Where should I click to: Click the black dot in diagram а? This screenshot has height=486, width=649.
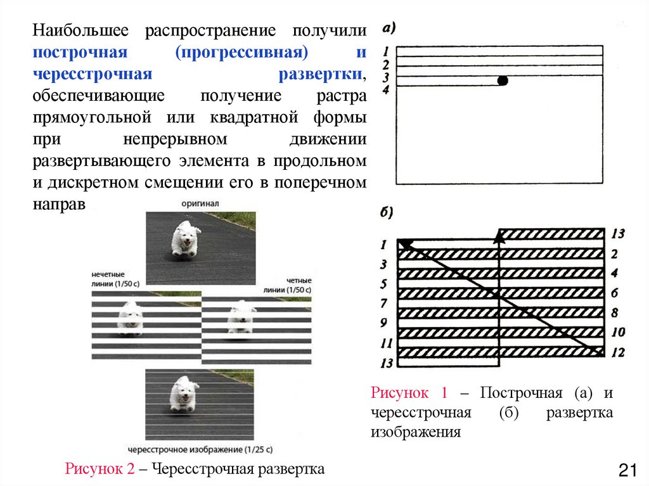tap(503, 80)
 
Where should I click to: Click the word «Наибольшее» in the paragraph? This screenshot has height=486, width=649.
tap(82, 30)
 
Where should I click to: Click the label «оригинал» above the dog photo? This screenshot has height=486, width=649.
tap(200, 204)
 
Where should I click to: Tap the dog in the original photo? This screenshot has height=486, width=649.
tap(186, 240)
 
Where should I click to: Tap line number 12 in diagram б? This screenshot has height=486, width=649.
tap(618, 352)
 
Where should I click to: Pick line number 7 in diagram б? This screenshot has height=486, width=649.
tap(384, 304)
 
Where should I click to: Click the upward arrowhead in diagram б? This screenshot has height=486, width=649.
tap(499, 236)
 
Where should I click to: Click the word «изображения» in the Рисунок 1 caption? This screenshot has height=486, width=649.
tap(415, 433)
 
